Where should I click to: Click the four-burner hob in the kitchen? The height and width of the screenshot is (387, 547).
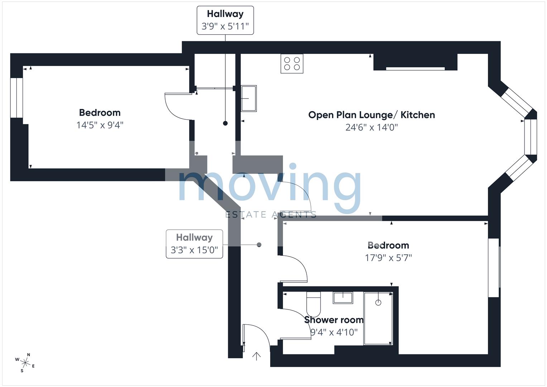coord(292,64)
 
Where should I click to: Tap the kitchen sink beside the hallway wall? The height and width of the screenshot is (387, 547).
coord(249,99)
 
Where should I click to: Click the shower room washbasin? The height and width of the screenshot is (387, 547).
coord(343,298)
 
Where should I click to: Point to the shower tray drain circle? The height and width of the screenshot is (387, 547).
coord(378,302)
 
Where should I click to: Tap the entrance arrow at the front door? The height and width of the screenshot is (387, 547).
coord(256,356)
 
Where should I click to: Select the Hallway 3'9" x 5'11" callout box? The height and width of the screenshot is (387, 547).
coord(225,20)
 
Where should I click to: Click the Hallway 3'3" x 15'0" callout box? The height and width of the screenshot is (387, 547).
coord(194,244)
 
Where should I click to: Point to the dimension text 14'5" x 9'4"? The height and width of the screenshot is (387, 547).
coord(100,125)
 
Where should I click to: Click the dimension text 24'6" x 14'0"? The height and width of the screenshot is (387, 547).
coord(371,127)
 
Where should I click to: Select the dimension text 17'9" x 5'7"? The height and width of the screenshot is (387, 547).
coord(388,258)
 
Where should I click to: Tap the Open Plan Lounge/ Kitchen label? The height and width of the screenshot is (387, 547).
coord(371,115)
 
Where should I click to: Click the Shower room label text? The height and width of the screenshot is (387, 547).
coord(334,320)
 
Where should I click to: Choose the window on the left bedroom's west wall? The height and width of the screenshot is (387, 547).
coord(16,97)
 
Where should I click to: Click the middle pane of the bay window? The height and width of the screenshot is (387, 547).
coord(531,137)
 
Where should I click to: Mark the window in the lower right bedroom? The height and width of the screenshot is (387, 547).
coord(494,268)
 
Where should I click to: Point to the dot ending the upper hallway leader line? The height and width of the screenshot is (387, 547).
coord(225,123)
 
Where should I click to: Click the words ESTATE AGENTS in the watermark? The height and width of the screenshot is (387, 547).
coord(271,215)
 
